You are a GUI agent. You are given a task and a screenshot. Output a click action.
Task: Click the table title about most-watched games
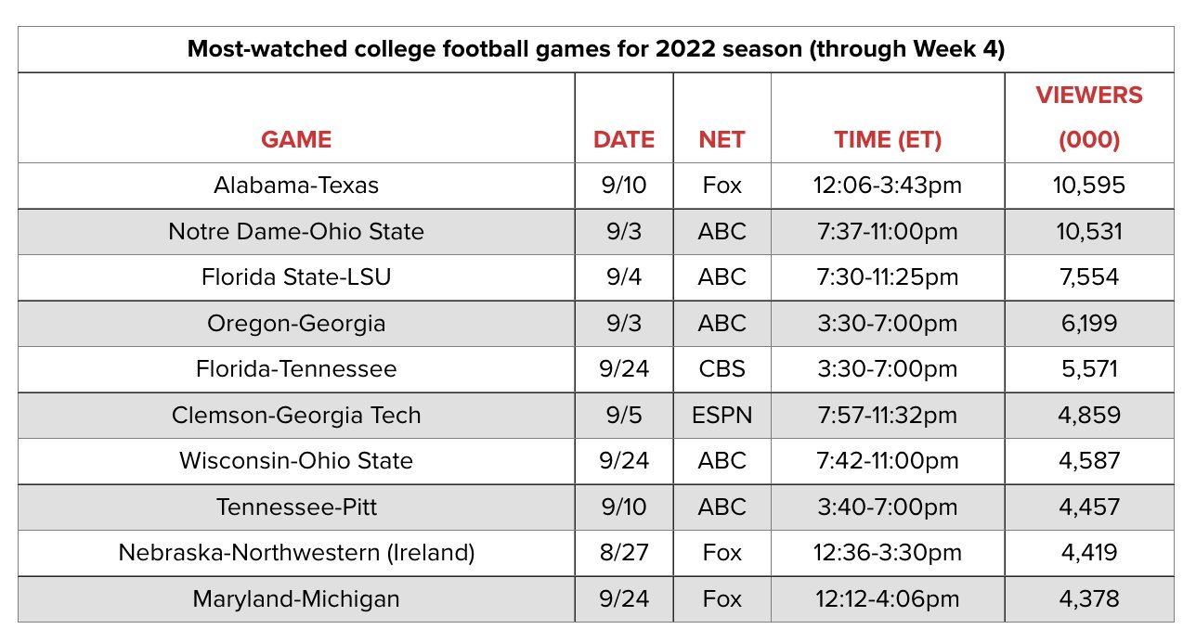tap(596, 49)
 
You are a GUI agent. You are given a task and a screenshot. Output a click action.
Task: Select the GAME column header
tap(296, 139)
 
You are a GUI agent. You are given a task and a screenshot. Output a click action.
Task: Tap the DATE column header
tap(624, 139)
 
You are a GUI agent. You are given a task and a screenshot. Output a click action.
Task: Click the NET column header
tap(721, 139)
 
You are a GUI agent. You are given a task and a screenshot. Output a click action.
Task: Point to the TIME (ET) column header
tap(888, 139)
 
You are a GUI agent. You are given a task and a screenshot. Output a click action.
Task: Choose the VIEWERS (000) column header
tap(1089, 117)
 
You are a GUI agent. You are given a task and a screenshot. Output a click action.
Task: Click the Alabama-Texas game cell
tap(296, 186)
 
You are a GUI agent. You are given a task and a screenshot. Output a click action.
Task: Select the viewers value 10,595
tap(1089, 186)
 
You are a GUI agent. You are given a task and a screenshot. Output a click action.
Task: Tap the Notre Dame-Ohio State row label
tap(296, 231)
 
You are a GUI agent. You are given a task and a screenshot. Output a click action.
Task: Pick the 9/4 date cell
tap(624, 277)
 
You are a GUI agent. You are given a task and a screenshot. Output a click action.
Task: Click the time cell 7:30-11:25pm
tap(888, 277)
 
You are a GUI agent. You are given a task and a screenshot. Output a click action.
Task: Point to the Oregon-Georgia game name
tap(296, 323)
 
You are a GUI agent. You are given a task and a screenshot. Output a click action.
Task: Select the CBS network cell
tap(721, 369)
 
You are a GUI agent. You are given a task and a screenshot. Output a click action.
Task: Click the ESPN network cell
tap(721, 415)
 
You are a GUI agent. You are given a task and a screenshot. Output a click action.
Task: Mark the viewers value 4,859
tap(1089, 415)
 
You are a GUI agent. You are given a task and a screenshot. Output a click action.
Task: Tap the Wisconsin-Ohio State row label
tap(296, 461)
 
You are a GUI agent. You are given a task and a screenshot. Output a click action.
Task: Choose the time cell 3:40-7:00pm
tap(888, 507)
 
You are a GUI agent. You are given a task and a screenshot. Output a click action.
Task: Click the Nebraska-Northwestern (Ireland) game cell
tap(296, 553)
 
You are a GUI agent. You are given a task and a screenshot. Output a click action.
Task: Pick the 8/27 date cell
tap(624, 553)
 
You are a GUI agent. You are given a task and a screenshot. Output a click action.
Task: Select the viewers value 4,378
tap(1089, 599)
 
